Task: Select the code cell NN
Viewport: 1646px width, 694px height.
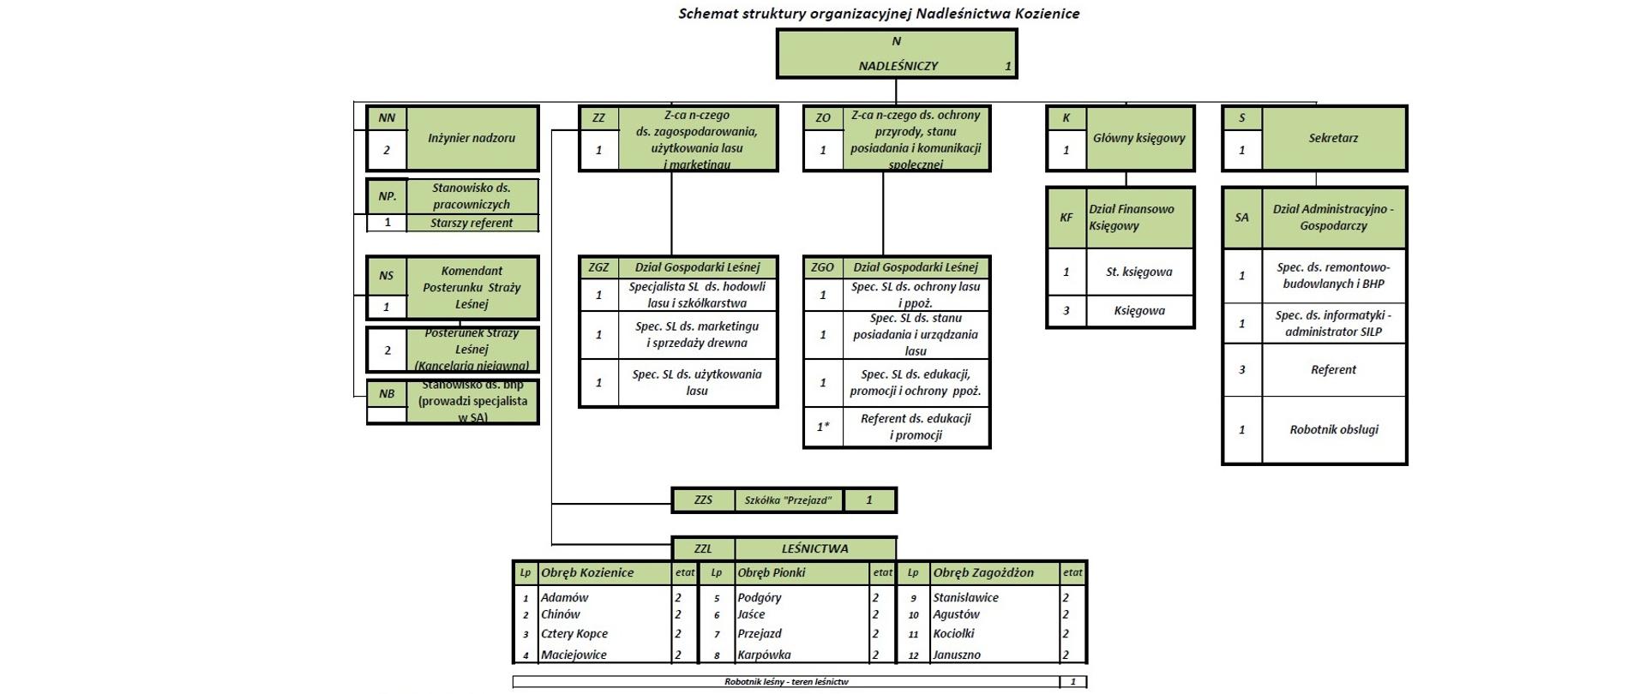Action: (x=387, y=118)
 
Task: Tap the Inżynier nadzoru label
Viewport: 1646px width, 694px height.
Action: (x=472, y=138)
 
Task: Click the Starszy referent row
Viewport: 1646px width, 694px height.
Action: (x=472, y=223)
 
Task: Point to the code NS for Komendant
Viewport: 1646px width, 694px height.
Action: (x=387, y=276)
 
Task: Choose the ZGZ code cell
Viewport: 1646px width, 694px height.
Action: (x=598, y=267)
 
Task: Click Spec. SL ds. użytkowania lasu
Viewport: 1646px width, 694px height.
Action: (x=696, y=382)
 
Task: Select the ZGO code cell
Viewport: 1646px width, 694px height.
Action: (x=823, y=267)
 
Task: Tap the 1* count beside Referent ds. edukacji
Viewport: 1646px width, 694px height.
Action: (x=823, y=427)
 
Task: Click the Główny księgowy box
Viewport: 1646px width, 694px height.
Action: (x=1138, y=138)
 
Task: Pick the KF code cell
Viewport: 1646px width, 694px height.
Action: (x=1066, y=218)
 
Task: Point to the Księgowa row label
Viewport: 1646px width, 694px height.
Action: (x=1139, y=311)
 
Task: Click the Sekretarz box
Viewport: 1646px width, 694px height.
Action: (x=1333, y=138)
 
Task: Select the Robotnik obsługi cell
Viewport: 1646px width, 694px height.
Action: (x=1334, y=430)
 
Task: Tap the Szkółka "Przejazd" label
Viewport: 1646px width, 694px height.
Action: (x=788, y=500)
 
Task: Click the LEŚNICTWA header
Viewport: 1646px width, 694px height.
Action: (x=814, y=549)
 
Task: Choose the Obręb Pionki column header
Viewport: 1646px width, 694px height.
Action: (x=772, y=573)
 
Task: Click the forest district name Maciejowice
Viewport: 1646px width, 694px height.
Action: (x=574, y=655)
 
